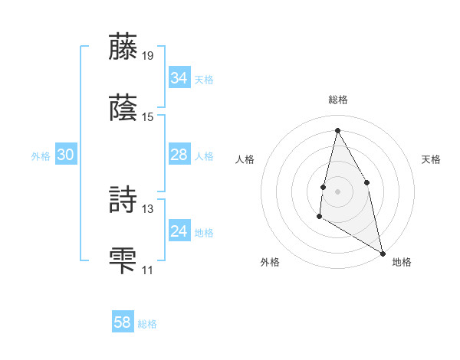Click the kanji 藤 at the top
click(124, 47)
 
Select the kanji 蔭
click(124, 108)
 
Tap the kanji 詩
click(124, 199)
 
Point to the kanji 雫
click(124, 260)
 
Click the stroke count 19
click(148, 56)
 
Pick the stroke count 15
click(148, 117)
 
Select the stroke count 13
click(148, 208)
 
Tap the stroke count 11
click(148, 270)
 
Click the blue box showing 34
click(179, 78)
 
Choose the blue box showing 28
click(179, 155)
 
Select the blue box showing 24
click(179, 231)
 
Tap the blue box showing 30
click(65, 155)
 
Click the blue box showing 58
click(123, 322)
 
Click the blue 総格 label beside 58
click(147, 324)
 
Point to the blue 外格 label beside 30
click(41, 156)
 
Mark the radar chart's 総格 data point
click(337, 130)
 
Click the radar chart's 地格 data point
click(382, 253)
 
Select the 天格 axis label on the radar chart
click(431, 159)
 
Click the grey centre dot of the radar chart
click(337, 191)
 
